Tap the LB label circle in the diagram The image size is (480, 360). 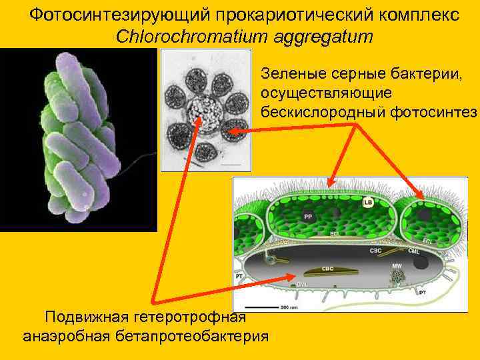pos(368,202)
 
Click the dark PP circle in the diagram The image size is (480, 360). pos(308,217)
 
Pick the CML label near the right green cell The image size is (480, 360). pos(413,251)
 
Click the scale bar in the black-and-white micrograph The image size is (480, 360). pos(231,163)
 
